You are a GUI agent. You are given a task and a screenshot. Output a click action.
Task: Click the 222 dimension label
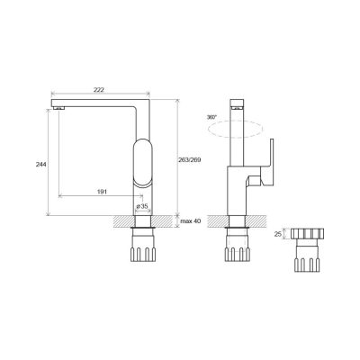(99, 89)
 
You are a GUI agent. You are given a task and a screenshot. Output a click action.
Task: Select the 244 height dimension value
(41, 164)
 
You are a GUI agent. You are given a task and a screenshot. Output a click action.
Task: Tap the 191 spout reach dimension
(102, 192)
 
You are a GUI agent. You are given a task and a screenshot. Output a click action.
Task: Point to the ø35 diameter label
(142, 206)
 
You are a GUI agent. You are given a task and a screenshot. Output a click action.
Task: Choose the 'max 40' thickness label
(190, 221)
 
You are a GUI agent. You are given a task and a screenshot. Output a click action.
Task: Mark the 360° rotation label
(211, 117)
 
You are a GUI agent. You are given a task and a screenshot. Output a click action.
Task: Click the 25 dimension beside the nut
(278, 234)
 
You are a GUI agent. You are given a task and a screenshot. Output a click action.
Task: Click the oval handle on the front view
(142, 163)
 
